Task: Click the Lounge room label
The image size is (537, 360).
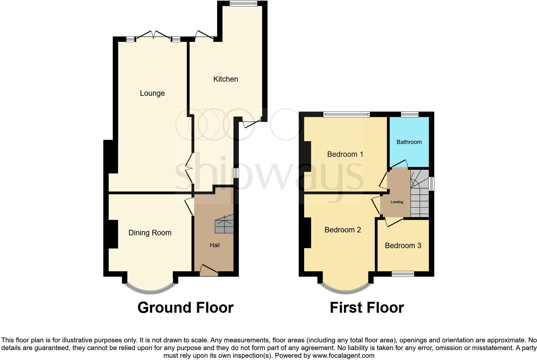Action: [152, 93]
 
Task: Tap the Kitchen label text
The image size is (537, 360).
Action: [225, 79]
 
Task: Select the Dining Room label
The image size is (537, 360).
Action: [150, 233]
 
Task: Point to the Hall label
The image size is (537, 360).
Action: [215, 245]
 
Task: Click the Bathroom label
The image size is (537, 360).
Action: [409, 142]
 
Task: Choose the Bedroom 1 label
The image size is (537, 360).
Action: [345, 154]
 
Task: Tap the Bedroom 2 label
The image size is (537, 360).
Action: [342, 230]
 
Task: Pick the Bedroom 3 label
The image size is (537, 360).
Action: [403, 246]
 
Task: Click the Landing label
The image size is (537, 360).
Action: [397, 202]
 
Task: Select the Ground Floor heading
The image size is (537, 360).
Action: [185, 308]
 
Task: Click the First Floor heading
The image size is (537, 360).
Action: [366, 308]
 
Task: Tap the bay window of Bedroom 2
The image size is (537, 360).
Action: [346, 288]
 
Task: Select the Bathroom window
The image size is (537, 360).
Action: [409, 114]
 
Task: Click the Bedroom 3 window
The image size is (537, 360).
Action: [403, 274]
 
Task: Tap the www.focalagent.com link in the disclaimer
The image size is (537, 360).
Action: [343, 355]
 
